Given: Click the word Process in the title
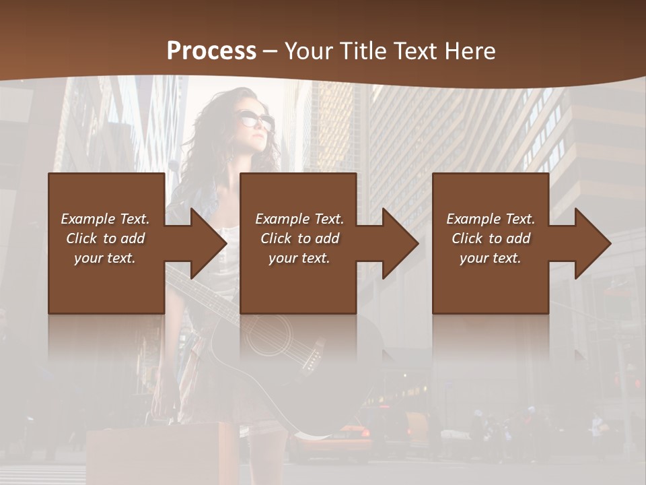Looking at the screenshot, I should (x=211, y=51).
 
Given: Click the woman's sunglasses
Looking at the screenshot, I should (x=258, y=121).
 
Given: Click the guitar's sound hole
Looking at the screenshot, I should (x=268, y=335).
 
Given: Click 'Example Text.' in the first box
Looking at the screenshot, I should (x=105, y=219).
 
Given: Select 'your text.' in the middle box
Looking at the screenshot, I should (x=299, y=258).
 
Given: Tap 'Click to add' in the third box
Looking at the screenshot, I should (x=491, y=238).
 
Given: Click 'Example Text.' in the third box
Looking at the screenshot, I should (x=491, y=219).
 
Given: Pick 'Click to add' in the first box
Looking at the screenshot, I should (x=105, y=238).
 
